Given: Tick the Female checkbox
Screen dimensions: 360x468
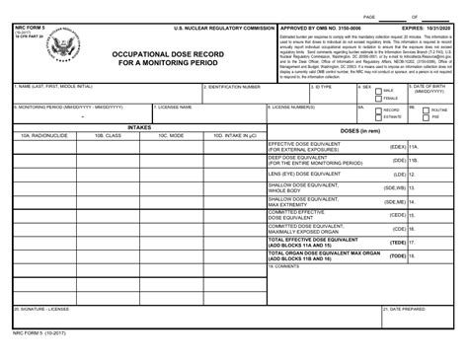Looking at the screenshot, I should (x=376, y=100).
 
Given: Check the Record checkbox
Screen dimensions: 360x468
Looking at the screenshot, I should (x=376, y=110).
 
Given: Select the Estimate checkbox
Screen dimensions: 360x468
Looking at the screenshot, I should (x=376, y=117).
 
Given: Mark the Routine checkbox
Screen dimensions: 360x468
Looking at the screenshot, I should (x=426, y=110).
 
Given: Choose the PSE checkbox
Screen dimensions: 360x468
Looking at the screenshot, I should (x=426, y=117).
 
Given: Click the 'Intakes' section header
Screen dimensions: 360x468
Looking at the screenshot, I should (x=140, y=127).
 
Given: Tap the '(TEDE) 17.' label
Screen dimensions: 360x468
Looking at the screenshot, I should (x=402, y=242).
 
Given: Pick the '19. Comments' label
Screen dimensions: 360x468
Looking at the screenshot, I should (x=286, y=265).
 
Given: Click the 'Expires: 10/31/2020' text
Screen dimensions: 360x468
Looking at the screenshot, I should (x=430, y=30).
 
